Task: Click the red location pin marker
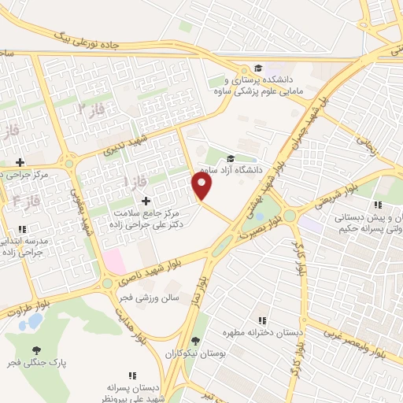click(202, 186)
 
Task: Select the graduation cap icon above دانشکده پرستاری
click(257, 68)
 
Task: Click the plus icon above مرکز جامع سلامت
click(144, 201)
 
